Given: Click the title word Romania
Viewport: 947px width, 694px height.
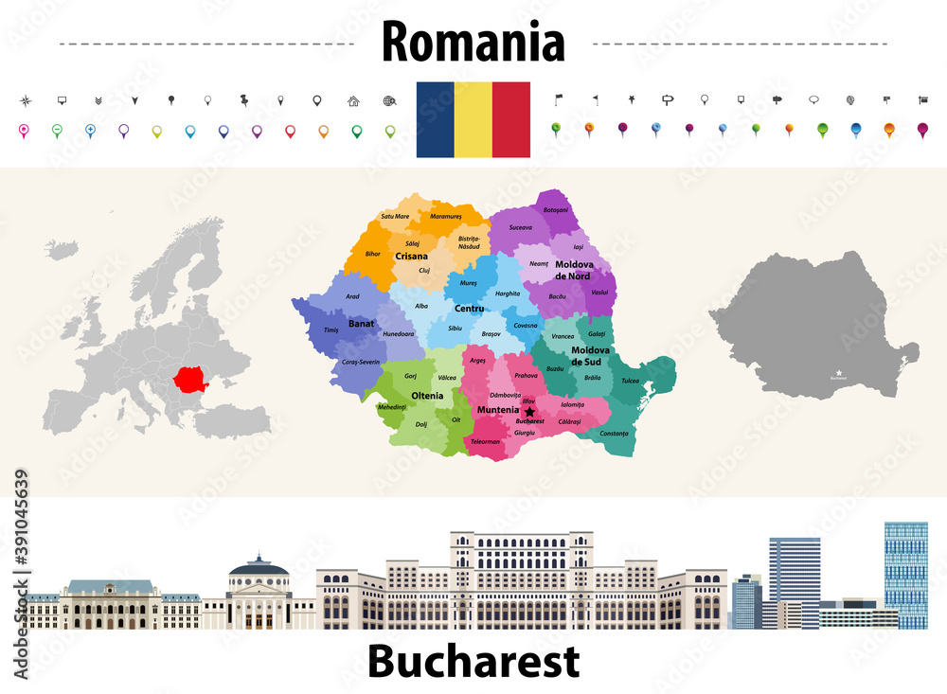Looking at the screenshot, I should coord(473,43).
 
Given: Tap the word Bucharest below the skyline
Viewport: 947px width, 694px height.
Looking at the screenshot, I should coord(473,662).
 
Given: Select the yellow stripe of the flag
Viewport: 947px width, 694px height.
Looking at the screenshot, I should coord(473,119).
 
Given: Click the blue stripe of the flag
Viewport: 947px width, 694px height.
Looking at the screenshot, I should coord(435,119).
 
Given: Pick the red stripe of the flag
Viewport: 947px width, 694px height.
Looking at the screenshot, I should coord(510,119).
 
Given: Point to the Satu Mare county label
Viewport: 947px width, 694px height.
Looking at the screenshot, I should coord(395,216).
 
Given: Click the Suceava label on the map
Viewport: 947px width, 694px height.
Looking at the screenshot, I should coord(520,227).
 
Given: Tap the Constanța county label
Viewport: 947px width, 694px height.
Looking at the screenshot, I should coord(614,433).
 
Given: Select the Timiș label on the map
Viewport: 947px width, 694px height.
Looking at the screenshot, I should coord(331,329).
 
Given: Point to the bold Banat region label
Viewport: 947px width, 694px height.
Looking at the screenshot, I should coord(361,323).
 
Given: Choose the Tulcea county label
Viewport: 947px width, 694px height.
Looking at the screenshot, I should coord(630,381).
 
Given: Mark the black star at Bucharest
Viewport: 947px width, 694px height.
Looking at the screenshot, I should coord(529,412).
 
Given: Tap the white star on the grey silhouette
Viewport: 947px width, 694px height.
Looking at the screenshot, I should coord(837,372).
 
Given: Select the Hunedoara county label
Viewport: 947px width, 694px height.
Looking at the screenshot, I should coord(399,333).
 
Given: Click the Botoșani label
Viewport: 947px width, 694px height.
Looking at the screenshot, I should coord(556,209).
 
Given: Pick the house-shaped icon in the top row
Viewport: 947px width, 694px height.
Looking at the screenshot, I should coord(353,100).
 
